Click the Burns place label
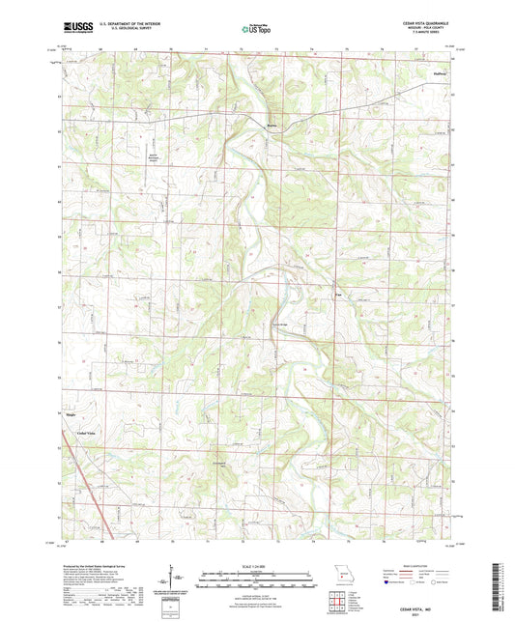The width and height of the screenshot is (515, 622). [272, 123]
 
